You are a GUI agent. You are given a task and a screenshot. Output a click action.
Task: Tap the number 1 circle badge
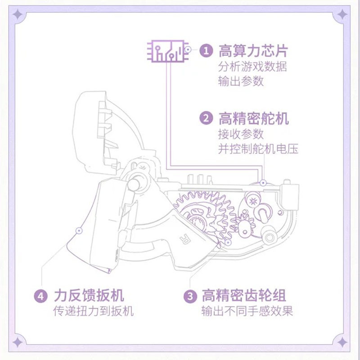pyautogui.click(x=206, y=50)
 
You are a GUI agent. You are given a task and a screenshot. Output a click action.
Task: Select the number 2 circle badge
pyautogui.click(x=206, y=119)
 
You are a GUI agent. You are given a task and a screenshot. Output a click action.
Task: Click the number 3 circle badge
pyautogui.click(x=190, y=296)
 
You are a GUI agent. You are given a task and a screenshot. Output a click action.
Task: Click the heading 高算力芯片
pyautogui.click(x=253, y=50)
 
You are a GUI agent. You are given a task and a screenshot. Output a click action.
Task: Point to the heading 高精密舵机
pyautogui.click(x=253, y=119)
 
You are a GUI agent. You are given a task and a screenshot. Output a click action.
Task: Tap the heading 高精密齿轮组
pyautogui.click(x=243, y=296)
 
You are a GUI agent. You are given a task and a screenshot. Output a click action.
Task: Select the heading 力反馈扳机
pyautogui.click(x=89, y=296)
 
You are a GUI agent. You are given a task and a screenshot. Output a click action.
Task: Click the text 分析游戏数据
pyautogui.click(x=252, y=67)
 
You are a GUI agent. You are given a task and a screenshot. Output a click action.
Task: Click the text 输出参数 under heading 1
pyautogui.click(x=240, y=82)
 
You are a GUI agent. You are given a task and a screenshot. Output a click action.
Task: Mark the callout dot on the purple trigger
pyautogui.click(x=79, y=230)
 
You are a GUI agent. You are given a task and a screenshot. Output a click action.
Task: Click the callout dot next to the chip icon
pyautogui.click(x=189, y=50)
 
